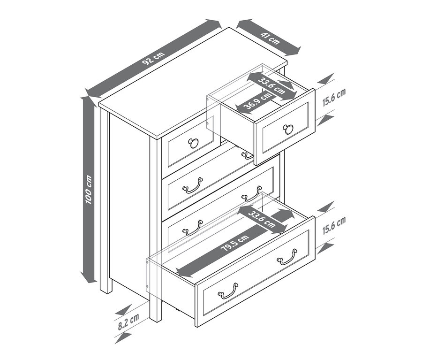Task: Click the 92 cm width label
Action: click(153, 58)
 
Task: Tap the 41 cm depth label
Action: click(271, 38)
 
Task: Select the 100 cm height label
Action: click(89, 190)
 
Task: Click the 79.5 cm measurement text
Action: click(235, 243)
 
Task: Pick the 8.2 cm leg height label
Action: click(128, 322)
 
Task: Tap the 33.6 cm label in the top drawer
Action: click(271, 86)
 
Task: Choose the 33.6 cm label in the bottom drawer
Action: click(262, 219)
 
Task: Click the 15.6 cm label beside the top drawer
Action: click(334, 97)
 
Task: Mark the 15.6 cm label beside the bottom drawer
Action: click(334, 225)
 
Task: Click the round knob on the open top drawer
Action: click(288, 129)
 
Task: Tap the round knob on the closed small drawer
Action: click(193, 143)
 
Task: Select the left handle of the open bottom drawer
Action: click(228, 291)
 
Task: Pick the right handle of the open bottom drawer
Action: click(287, 257)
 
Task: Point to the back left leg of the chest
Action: click(106, 286)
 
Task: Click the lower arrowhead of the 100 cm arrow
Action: click(89, 277)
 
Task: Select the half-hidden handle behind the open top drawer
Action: click(247, 155)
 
